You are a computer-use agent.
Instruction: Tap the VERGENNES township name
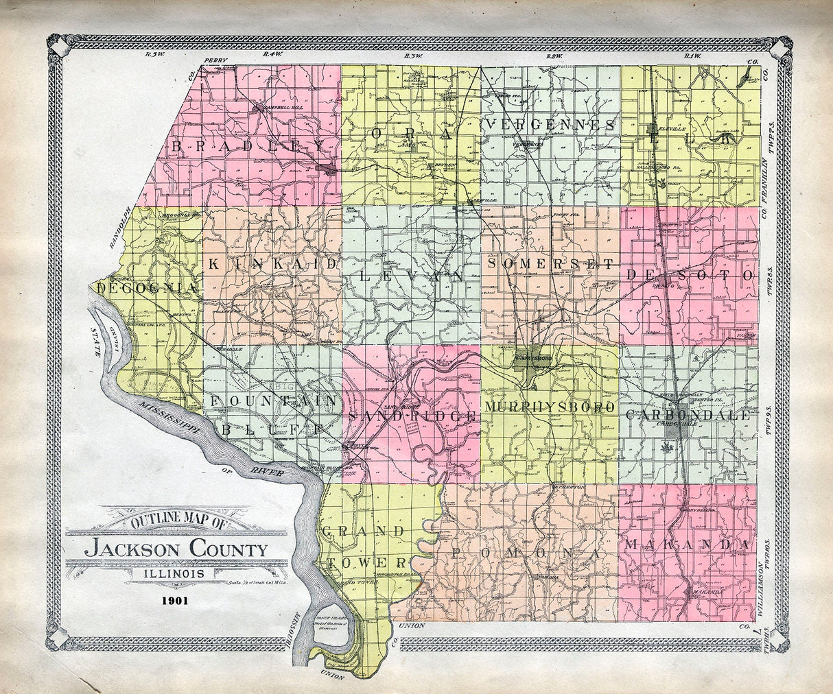tap(551, 125)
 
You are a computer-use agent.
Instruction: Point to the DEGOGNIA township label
tap(139, 289)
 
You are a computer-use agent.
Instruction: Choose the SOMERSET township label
tap(551, 263)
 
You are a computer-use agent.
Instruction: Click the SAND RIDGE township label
tap(412, 416)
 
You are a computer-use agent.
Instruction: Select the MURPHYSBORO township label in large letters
tap(550, 407)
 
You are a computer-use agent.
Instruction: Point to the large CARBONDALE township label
tap(688, 415)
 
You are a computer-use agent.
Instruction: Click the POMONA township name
tap(525, 553)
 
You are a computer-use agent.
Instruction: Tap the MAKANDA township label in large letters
tap(686, 545)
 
